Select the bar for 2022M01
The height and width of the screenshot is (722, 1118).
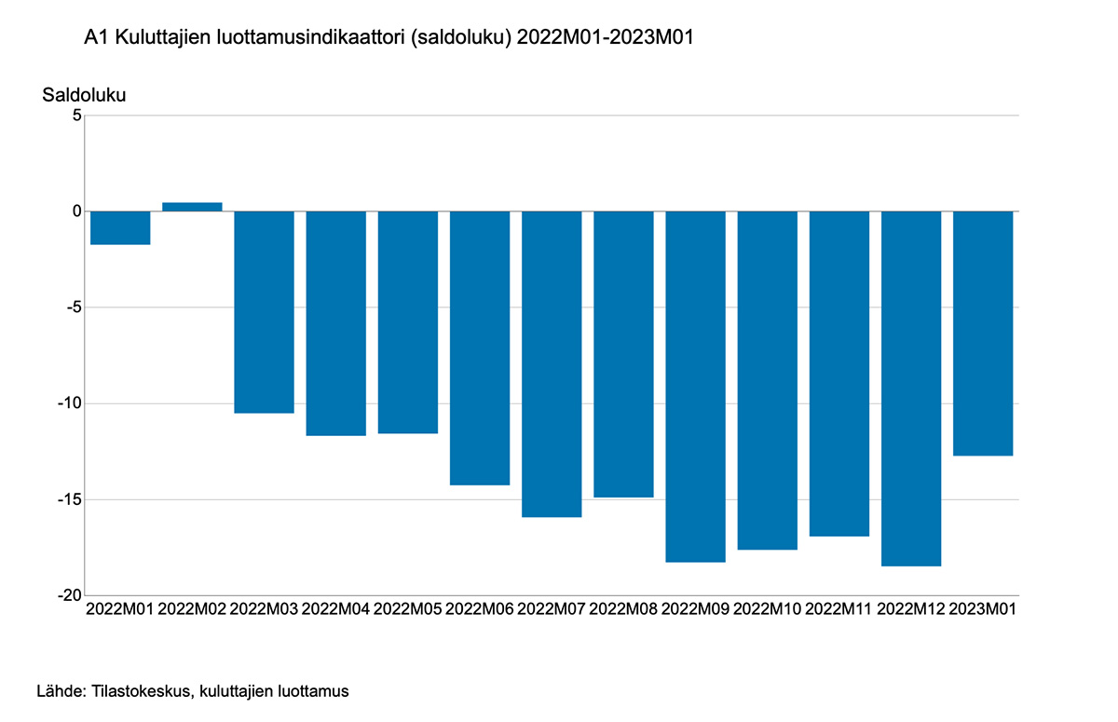pos(120,228)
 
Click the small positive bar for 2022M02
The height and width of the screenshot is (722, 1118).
pos(192,207)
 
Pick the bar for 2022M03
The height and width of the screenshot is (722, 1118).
pos(264,312)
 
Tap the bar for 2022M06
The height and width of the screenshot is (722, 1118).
pos(480,347)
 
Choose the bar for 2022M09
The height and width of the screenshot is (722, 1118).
pos(695,387)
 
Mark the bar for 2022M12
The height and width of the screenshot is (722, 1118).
pos(911,388)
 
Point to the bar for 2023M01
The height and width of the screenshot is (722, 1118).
pos(983,334)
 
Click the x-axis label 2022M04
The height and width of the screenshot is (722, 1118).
pos(336,609)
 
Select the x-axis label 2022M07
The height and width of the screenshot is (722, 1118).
pos(552,609)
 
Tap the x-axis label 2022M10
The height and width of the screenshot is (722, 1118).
pos(767,609)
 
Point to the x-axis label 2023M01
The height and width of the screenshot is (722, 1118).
pos(983,609)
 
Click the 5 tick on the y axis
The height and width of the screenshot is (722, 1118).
pos(77,116)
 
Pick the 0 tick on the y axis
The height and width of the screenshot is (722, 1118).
pos(77,211)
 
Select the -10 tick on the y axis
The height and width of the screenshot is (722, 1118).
pos(69,403)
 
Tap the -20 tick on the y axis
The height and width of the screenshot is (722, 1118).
pos(69,595)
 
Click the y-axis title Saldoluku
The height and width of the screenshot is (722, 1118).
pos(84,95)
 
